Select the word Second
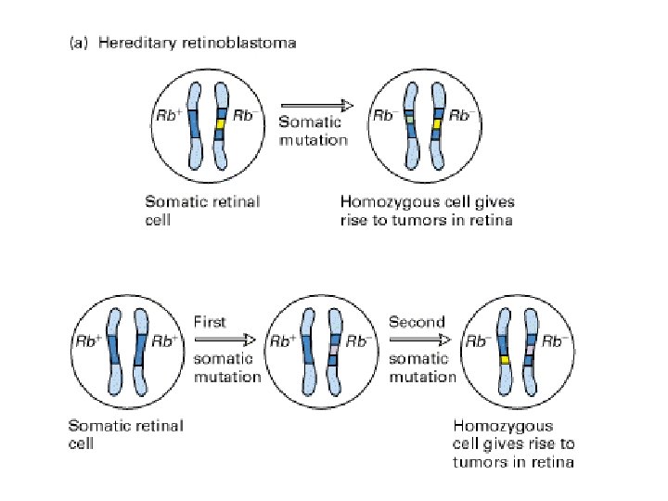click(x=417, y=322)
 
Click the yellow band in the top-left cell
click(x=220, y=123)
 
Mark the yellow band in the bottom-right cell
click(x=506, y=357)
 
